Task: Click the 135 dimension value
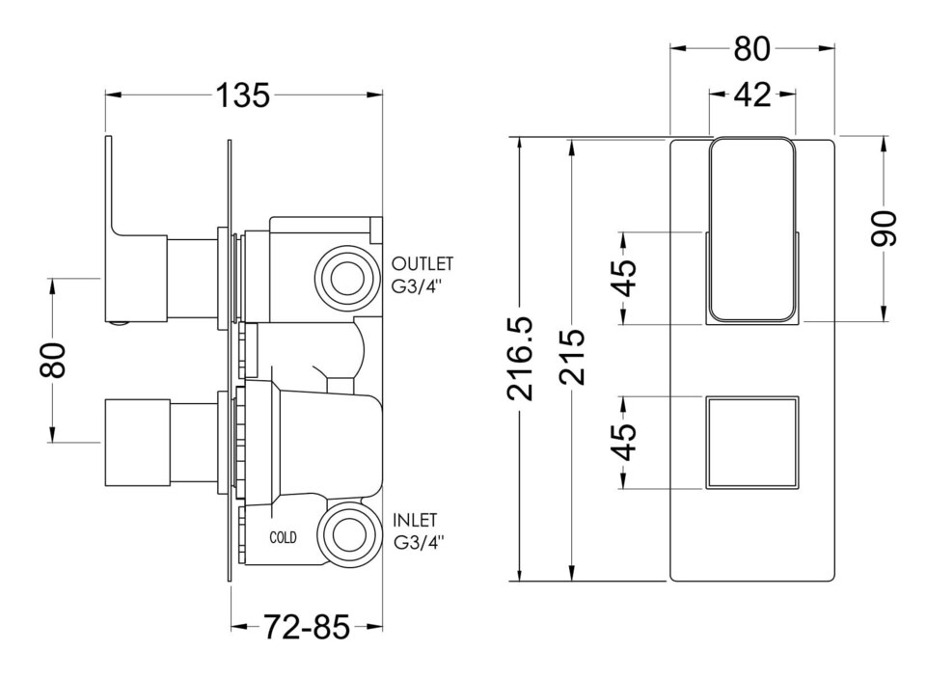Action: [x=243, y=95]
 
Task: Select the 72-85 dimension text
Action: [x=306, y=628]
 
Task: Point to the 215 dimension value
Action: [x=575, y=360]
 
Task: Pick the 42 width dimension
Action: [x=752, y=95]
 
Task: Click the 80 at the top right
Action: [x=752, y=47]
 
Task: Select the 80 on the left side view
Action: [x=54, y=360]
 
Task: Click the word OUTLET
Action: [x=422, y=263]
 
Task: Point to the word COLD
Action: [x=284, y=537]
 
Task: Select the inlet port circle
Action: [x=344, y=534]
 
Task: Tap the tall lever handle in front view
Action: [x=752, y=230]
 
